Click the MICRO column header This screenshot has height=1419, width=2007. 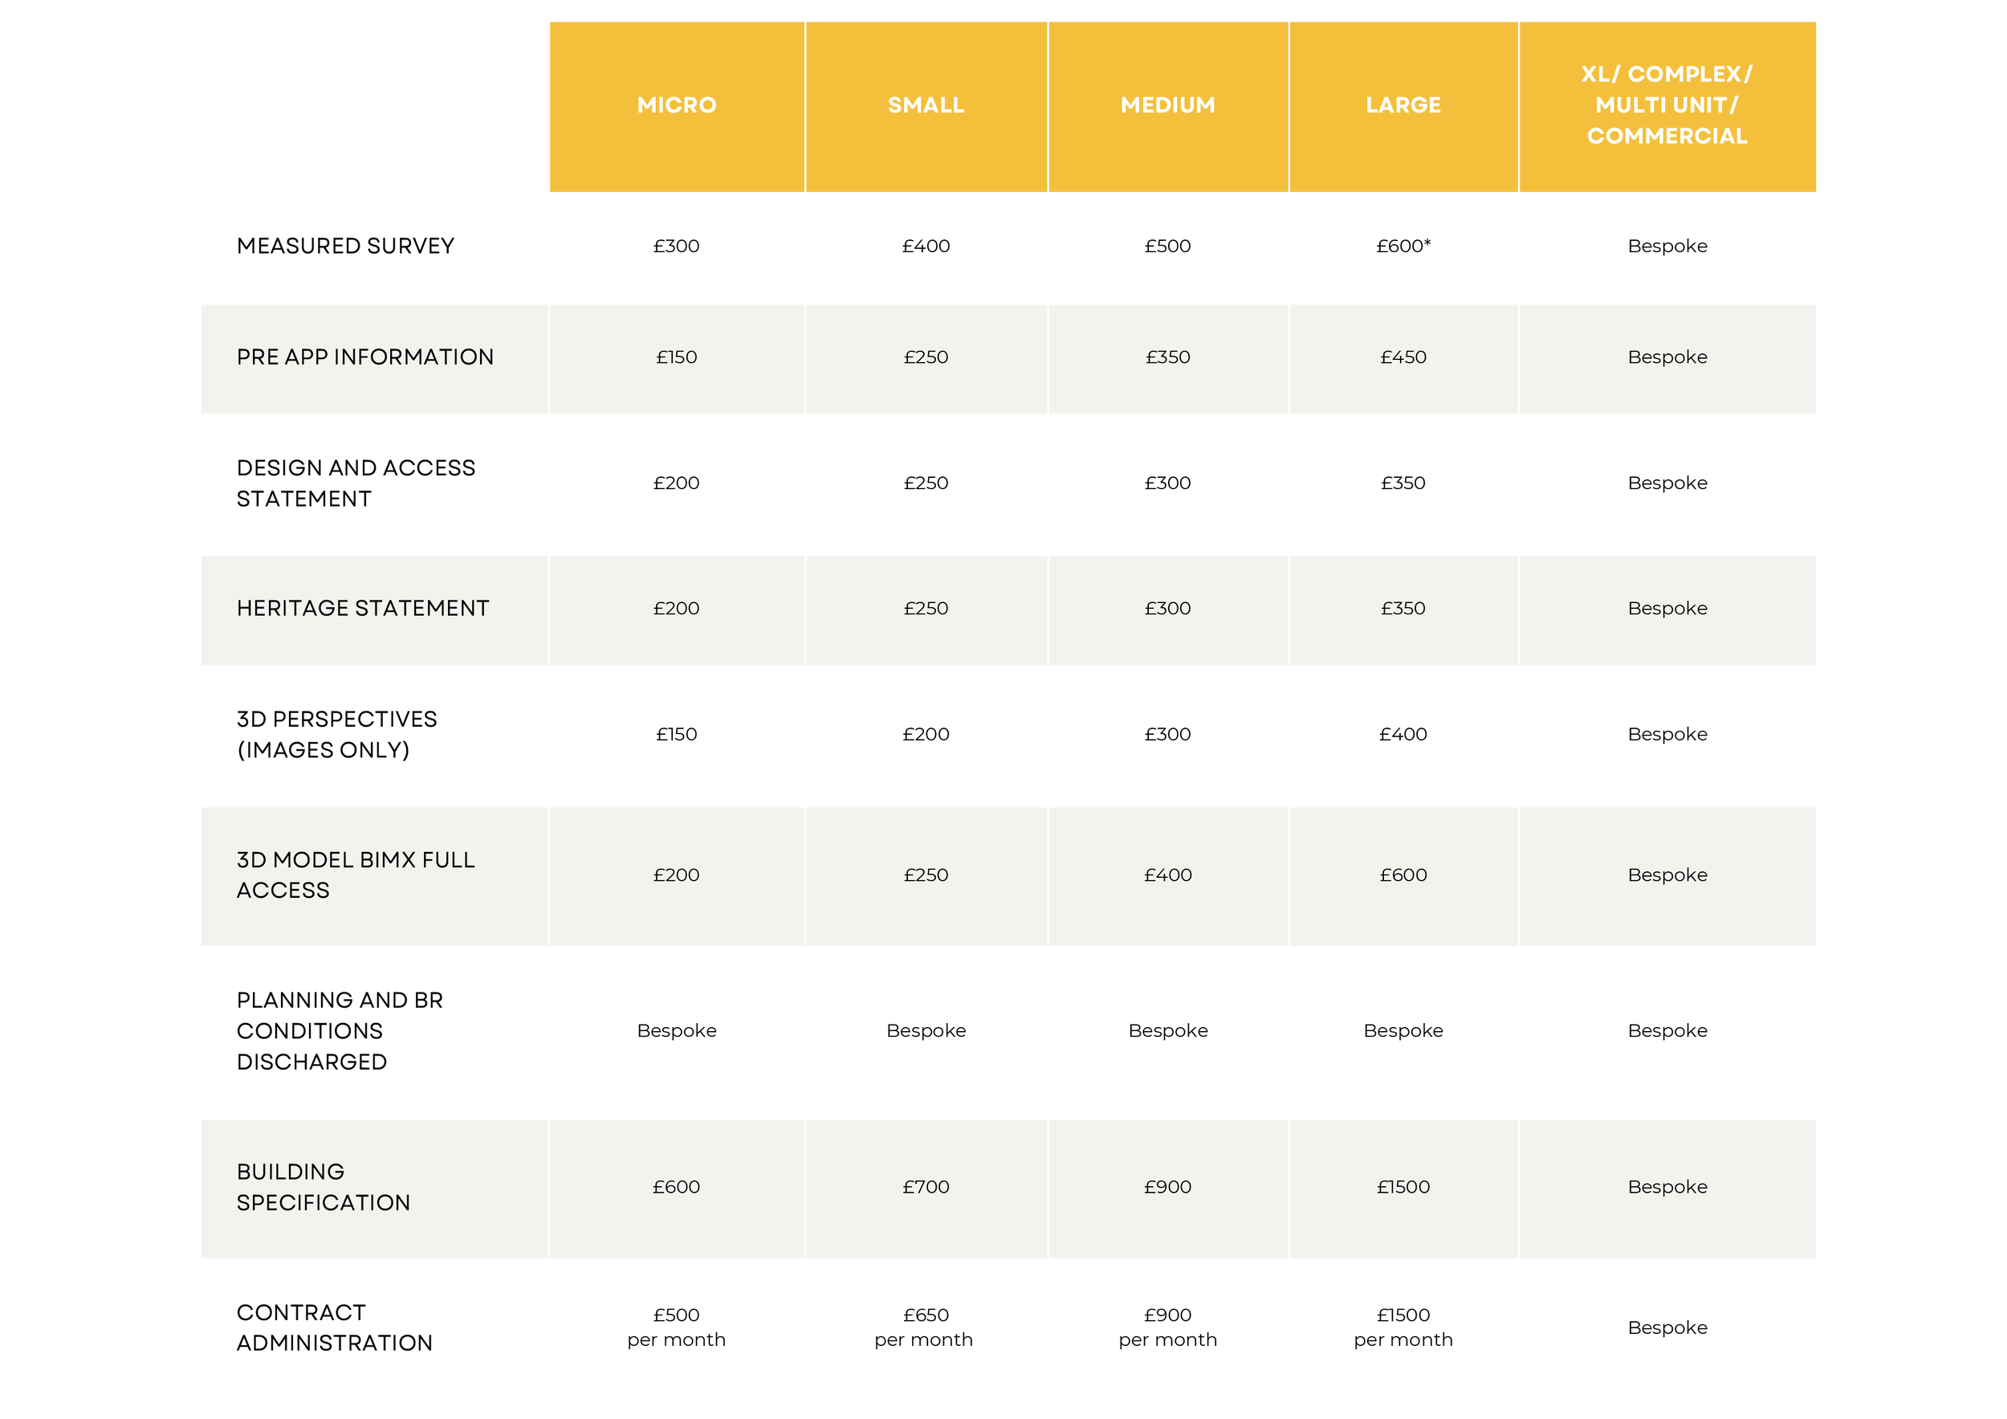tap(677, 105)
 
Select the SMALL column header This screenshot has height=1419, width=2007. tap(926, 105)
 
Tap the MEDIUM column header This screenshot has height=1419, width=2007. tap(1168, 105)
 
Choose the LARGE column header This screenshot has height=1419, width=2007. tap(1403, 105)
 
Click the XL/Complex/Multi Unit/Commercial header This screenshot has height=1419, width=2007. tap(1667, 105)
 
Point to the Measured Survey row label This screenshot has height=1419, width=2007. tap(345, 246)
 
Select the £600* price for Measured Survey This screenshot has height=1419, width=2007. tap(1403, 246)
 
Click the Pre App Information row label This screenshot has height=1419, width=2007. tap(364, 357)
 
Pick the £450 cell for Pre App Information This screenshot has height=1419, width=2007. tap(1403, 357)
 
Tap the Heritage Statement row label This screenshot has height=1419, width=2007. tap(363, 608)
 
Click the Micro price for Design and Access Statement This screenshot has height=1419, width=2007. tap(677, 483)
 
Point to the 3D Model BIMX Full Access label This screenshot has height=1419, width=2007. tap(355, 875)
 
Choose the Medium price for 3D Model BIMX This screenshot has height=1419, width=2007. tap(1168, 875)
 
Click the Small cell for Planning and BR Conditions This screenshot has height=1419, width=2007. tap(926, 1031)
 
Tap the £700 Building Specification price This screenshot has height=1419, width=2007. tap(926, 1186)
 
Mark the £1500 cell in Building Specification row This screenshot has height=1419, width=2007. tap(1403, 1186)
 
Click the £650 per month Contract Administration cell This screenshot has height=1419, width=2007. tap(925, 1327)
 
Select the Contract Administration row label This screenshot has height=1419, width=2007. tap(334, 1327)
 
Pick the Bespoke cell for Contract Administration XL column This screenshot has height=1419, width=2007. tap(1667, 1327)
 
